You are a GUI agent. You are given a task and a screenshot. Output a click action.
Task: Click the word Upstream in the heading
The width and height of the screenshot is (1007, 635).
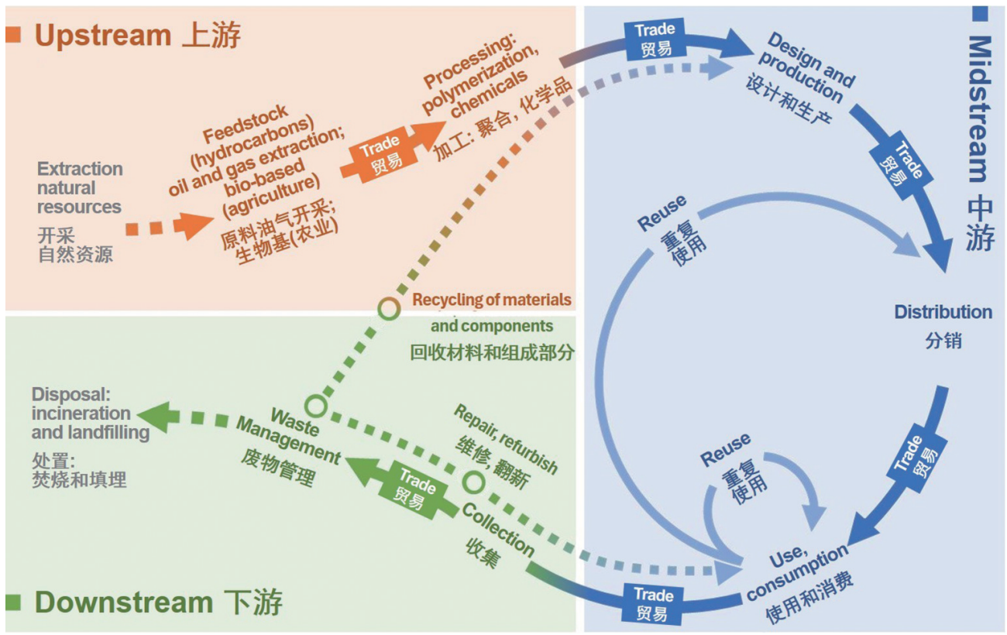pyautogui.click(x=102, y=36)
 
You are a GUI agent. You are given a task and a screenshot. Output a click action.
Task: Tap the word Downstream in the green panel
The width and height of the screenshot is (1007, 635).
pyautogui.click(x=124, y=602)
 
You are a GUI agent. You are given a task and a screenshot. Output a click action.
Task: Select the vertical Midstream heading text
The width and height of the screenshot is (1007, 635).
pyautogui.click(x=979, y=108)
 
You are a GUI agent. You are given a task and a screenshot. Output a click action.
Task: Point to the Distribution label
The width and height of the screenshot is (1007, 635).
pyautogui.click(x=943, y=312)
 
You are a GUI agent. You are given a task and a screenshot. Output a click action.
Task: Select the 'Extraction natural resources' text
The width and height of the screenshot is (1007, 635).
pyautogui.click(x=80, y=187)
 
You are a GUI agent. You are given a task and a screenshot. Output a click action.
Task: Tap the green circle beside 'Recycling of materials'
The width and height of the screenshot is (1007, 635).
pyautogui.click(x=389, y=308)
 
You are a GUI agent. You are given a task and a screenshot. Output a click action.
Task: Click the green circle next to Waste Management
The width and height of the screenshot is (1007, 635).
pyautogui.click(x=314, y=404)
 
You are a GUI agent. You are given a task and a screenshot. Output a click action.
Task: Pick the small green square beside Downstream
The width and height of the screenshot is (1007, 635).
pyautogui.click(x=13, y=602)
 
